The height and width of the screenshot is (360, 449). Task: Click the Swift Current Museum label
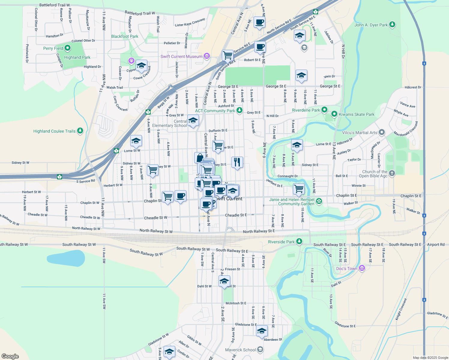(x=181, y=56)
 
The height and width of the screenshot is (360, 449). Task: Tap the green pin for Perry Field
(x=68, y=48)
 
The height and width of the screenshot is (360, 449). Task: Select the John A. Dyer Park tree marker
(x=392, y=25)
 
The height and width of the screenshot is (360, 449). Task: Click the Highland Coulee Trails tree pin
(x=80, y=131)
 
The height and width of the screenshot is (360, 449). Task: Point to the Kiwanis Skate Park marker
(x=334, y=114)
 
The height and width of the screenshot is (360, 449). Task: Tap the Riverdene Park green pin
(x=324, y=110)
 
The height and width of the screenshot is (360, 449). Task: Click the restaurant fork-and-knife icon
(x=237, y=162)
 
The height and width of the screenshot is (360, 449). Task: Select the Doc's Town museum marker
(x=362, y=268)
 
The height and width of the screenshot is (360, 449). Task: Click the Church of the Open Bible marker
(x=392, y=173)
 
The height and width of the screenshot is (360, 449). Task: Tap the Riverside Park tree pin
(x=299, y=241)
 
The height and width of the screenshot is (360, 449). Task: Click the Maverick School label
(x=240, y=350)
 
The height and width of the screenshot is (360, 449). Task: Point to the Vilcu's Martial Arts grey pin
(x=382, y=132)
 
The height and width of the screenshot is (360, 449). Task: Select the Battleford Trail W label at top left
(x=55, y=5)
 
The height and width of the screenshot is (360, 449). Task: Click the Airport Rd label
(x=435, y=244)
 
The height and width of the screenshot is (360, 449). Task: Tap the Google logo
(x=10, y=356)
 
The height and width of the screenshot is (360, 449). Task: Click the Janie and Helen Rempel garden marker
(x=319, y=201)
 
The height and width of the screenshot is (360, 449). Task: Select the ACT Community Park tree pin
(x=239, y=110)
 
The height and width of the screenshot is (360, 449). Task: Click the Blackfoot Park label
(x=125, y=36)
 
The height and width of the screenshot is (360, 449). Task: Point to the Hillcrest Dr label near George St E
(x=413, y=87)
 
